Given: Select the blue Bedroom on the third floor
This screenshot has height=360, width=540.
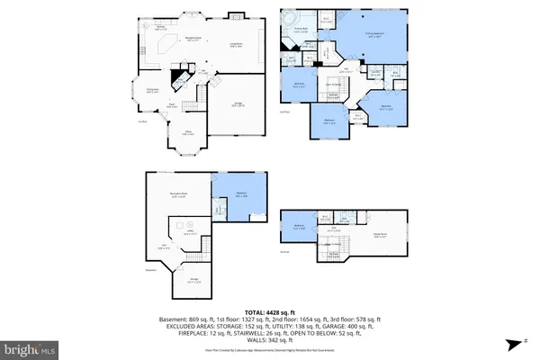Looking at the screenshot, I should pos(299,226).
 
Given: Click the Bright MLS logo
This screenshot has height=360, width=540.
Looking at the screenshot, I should pos(32,347).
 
